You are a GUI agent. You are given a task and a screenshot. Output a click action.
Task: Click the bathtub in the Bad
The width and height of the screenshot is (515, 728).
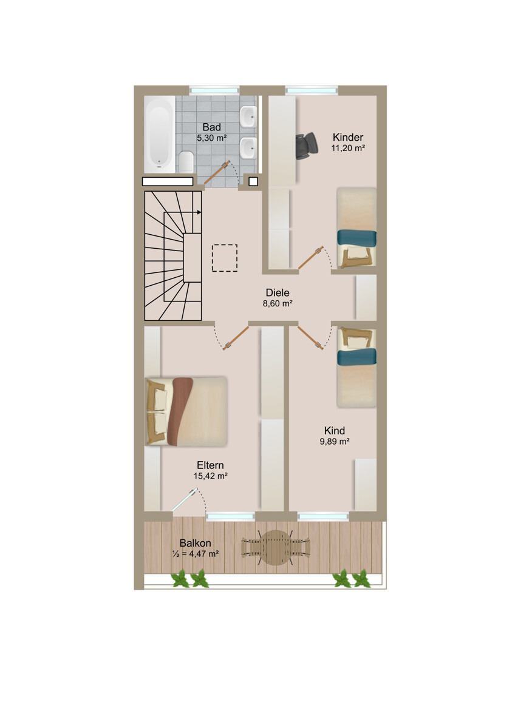(x=159, y=134)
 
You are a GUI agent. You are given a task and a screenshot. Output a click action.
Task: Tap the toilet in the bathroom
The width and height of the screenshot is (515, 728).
(x=186, y=161)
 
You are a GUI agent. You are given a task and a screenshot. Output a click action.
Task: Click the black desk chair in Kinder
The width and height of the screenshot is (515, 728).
(x=307, y=146)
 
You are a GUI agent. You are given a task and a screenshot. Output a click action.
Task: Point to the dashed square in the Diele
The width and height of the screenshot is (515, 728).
(x=225, y=258)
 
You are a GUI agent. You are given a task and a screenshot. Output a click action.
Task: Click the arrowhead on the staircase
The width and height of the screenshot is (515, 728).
(x=199, y=212)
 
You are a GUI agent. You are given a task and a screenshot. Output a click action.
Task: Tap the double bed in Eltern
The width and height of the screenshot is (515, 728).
(x=186, y=411)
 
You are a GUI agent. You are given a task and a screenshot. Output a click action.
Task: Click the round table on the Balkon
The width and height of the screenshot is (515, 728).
(x=276, y=548)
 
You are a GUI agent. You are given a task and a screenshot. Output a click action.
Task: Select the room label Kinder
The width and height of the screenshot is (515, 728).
(x=348, y=137)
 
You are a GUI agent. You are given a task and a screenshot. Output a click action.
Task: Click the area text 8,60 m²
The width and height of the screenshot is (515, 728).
(x=278, y=303)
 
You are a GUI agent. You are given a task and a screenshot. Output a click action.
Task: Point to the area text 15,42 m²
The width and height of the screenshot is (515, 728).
(x=210, y=476)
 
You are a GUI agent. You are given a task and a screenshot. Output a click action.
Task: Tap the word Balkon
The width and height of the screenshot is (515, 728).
(x=195, y=543)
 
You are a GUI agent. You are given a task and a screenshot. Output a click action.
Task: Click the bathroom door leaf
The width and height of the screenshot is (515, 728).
(x=217, y=174)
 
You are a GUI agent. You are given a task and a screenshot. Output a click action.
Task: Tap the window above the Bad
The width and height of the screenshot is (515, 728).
(x=214, y=90)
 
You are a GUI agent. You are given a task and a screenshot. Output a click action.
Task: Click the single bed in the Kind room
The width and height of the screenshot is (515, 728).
(x=356, y=367)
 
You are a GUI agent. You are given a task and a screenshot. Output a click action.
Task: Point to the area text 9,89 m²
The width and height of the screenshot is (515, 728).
(x=335, y=442)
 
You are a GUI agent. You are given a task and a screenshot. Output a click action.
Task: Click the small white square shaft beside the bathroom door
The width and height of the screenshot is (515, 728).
(x=253, y=181)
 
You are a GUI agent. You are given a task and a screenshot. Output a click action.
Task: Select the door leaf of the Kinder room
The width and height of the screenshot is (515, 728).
(x=311, y=258)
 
